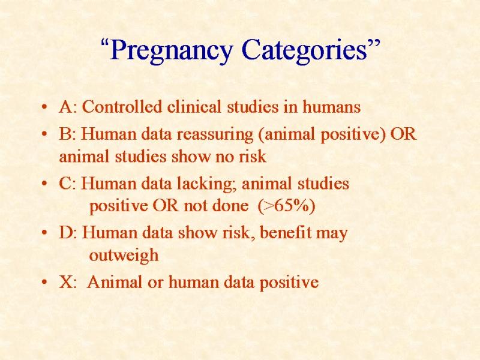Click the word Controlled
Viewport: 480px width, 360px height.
(x=122, y=107)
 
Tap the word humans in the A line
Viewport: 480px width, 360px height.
(x=332, y=107)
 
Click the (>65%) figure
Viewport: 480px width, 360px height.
(x=287, y=205)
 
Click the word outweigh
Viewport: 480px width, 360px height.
(x=124, y=256)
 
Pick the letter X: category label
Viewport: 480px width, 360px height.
(x=68, y=282)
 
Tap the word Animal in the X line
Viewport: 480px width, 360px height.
(x=115, y=282)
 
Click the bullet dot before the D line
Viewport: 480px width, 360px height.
(x=44, y=233)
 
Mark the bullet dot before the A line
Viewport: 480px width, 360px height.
(x=44, y=107)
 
